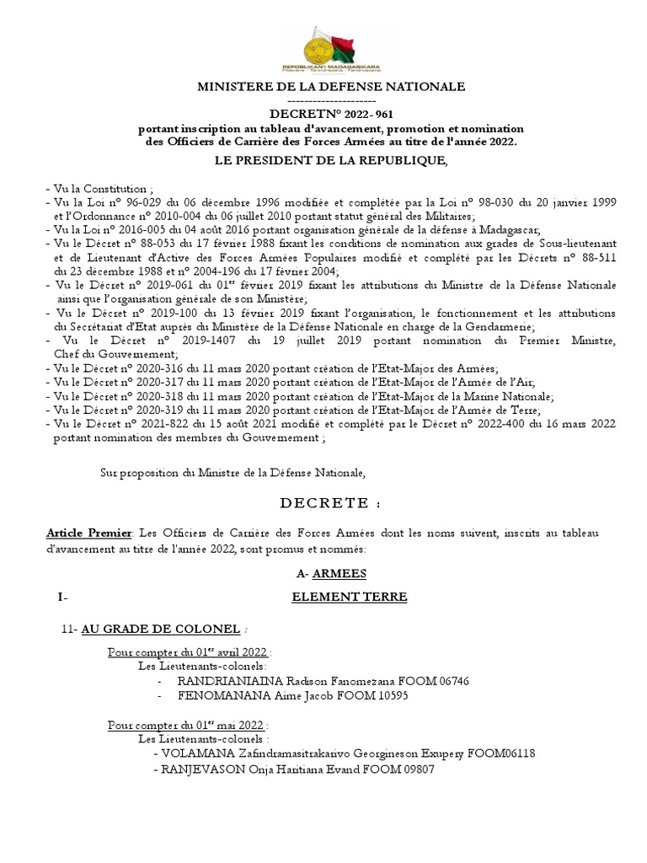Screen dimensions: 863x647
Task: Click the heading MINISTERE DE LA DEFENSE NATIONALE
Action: point(331,87)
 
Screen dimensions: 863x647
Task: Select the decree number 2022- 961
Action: point(367,115)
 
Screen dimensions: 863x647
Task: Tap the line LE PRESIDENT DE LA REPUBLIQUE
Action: point(331,161)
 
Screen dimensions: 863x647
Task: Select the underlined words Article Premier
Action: point(88,533)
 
